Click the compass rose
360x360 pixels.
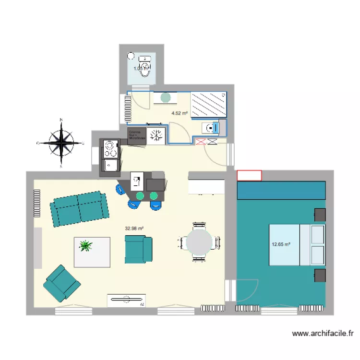pos(61,143)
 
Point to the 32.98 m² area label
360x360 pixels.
pos(135,228)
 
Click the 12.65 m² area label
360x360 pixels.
pos(281,244)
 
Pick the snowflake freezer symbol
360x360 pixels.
pos(156,135)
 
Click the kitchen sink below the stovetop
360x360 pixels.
pos(109,166)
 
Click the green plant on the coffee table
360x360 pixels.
pos(86,246)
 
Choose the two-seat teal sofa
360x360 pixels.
pos(79,209)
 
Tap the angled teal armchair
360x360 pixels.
pos(62,284)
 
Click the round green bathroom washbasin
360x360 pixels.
pos(166,97)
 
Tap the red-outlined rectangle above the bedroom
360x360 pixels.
pos(249,175)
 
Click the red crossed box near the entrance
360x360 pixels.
pos(201,141)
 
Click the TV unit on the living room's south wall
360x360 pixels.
pos(127,300)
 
